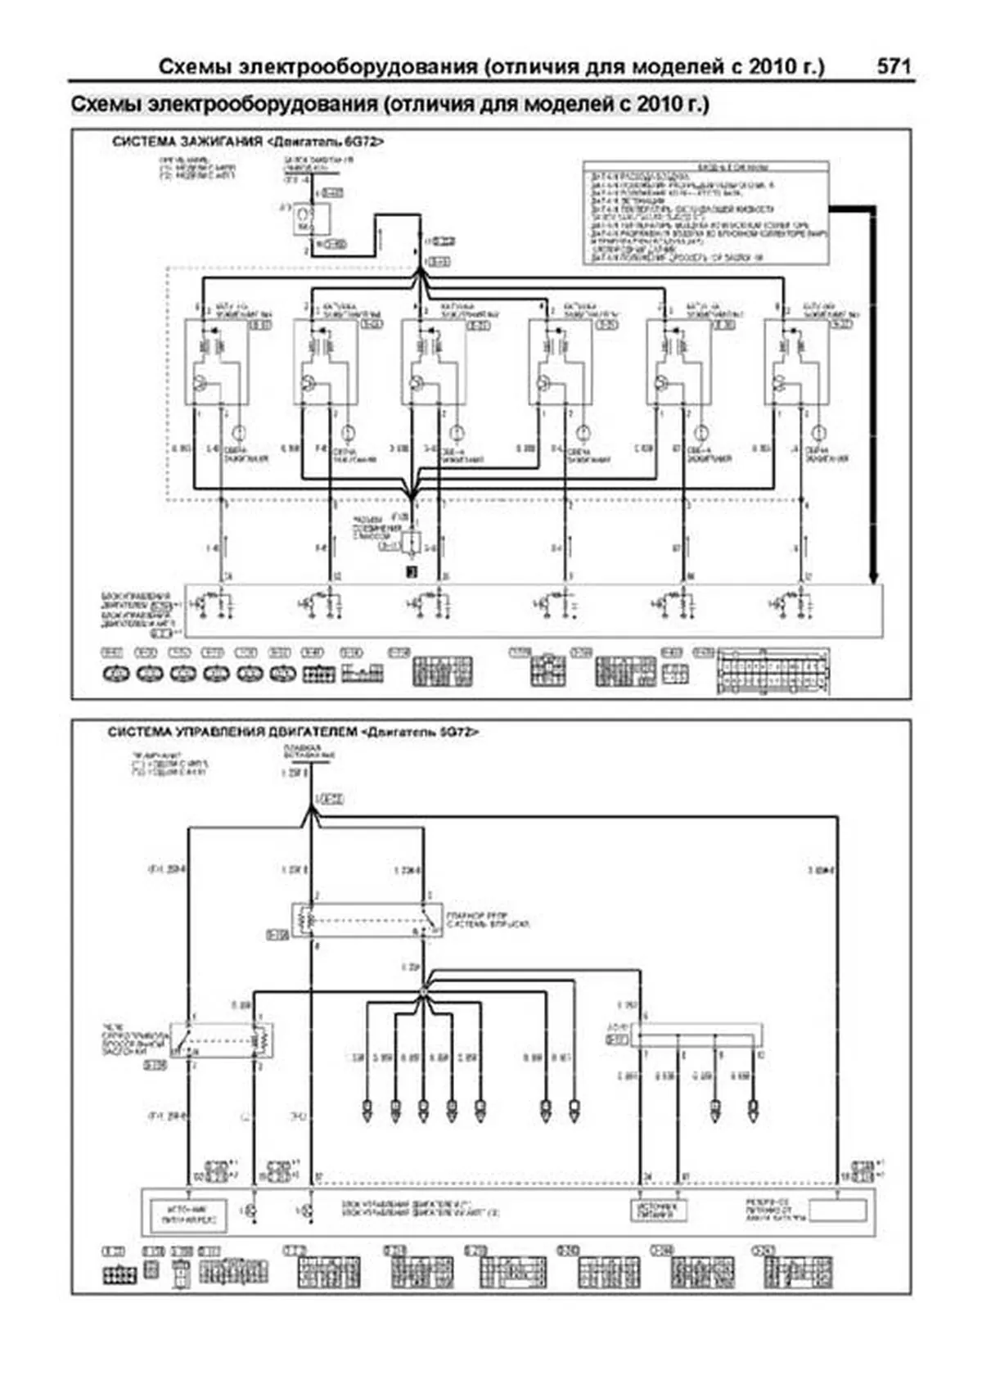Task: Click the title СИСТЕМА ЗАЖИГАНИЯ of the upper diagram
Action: click(x=187, y=142)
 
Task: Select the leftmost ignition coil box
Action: click(x=216, y=361)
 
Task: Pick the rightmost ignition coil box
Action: click(x=795, y=361)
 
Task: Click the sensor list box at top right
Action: click(x=705, y=213)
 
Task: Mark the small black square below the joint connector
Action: click(x=412, y=572)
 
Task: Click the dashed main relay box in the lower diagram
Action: click(x=367, y=920)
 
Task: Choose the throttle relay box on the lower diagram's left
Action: click(x=222, y=1039)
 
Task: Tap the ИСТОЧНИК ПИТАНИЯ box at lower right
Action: click(x=660, y=1210)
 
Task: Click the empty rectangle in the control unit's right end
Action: click(x=837, y=1210)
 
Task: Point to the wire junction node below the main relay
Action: click(x=423, y=991)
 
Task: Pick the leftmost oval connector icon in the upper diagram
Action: click(x=115, y=674)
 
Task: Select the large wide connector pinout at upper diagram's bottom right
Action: click(x=773, y=673)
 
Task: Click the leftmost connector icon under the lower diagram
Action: click(x=119, y=1274)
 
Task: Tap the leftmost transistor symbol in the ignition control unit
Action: click(x=203, y=604)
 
